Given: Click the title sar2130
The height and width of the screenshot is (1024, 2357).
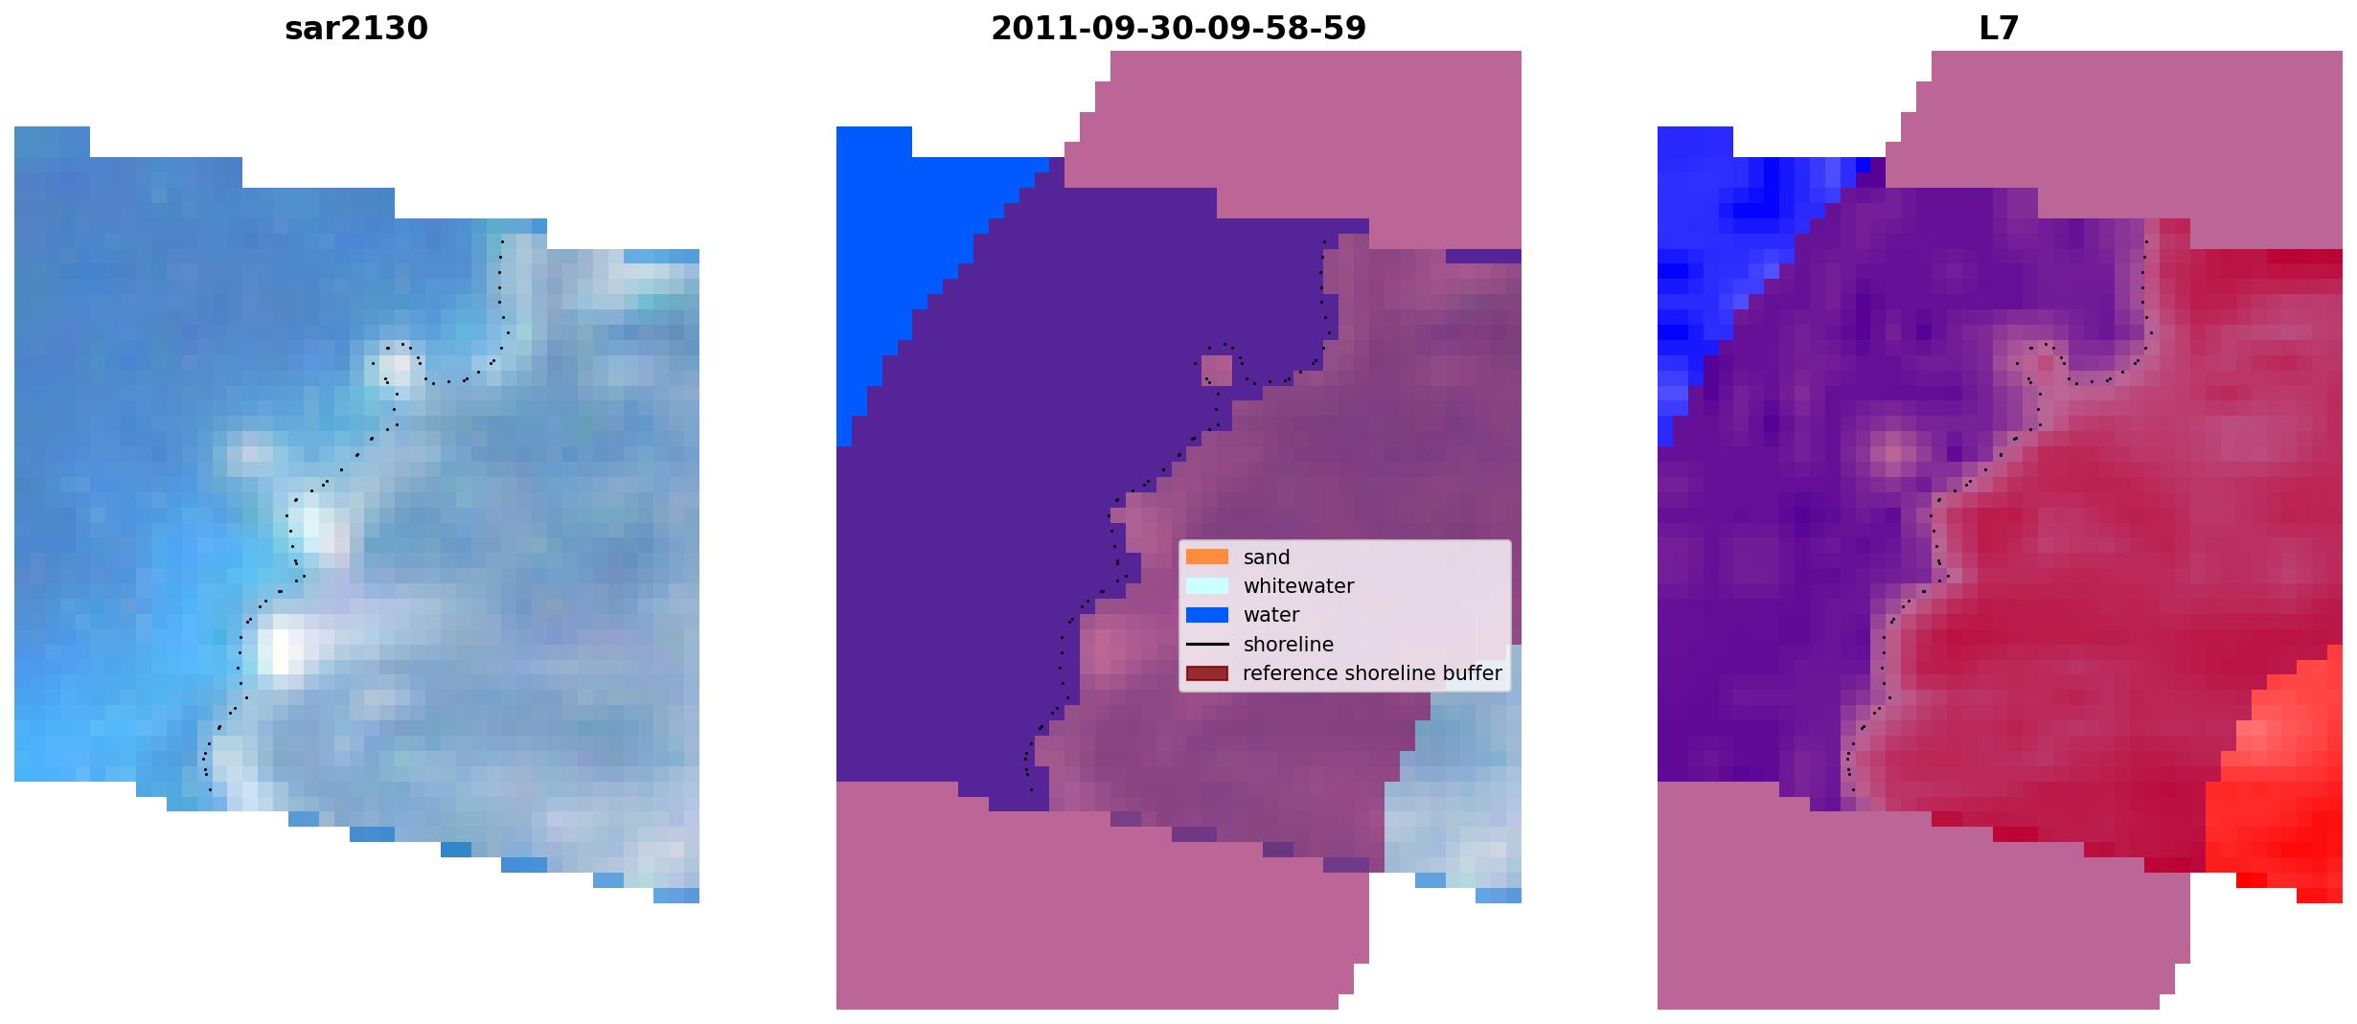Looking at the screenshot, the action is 356,29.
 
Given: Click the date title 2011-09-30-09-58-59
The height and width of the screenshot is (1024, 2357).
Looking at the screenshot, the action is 1178,29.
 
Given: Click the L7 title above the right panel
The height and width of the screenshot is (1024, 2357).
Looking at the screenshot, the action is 2000,29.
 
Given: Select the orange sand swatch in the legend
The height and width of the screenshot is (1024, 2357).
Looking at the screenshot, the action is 1207,557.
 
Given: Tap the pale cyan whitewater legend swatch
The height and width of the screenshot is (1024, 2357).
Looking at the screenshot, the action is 1207,585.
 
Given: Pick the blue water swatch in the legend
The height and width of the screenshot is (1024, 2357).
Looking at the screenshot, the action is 1207,615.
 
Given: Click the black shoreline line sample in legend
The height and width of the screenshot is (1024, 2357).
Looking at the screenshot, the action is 1207,645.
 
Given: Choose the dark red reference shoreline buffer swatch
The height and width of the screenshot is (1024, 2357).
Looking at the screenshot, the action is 1207,673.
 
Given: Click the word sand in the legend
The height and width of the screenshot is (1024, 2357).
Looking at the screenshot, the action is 1267,558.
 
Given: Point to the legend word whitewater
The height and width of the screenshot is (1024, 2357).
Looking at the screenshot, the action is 1298,586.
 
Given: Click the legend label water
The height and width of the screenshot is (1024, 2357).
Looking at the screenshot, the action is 1271,615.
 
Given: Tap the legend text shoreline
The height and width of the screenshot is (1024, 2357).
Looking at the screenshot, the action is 1289,645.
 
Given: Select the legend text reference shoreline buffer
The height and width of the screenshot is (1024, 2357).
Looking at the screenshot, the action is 1372,673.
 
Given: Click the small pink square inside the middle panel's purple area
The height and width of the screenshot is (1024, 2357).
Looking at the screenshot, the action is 1217,370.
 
